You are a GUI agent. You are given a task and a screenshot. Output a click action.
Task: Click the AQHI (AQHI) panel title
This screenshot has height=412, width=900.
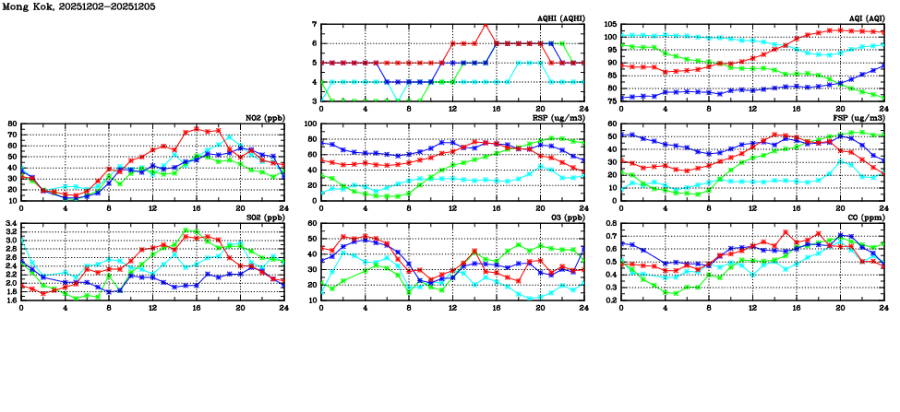point(559,18)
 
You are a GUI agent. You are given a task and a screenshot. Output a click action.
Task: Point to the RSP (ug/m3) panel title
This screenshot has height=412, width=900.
point(559,118)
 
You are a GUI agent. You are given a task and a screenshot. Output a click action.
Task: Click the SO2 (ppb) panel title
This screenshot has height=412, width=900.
point(263,218)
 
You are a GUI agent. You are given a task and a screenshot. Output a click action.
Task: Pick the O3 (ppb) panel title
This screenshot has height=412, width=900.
point(565,218)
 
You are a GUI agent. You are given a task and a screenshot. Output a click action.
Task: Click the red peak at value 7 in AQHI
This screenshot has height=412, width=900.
point(486,24)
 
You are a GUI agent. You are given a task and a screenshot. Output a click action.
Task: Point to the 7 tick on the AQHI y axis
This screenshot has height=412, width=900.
point(314,24)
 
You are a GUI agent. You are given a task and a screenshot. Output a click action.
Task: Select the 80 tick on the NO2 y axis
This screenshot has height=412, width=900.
point(12,124)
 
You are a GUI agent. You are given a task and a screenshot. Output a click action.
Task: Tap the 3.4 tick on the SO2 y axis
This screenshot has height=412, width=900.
point(11,223)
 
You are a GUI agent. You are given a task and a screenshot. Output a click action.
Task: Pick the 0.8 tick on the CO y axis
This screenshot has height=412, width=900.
point(610,223)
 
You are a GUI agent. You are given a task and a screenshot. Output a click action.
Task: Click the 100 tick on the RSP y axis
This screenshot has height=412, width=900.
point(311,124)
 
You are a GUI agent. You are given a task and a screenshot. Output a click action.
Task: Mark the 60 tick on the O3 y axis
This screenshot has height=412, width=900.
point(313,223)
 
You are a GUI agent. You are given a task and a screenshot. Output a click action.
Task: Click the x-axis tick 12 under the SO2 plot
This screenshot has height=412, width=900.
point(152,307)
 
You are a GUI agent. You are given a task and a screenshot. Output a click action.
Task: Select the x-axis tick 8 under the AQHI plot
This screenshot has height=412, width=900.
point(409,108)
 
